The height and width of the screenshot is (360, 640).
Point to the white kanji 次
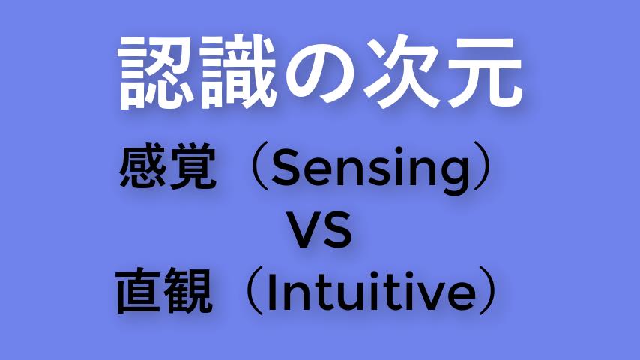coord(402,72)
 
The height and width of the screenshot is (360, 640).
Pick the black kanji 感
coord(142,166)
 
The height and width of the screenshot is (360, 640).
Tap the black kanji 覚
coord(193,166)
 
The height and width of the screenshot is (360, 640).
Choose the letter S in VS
coord(336,229)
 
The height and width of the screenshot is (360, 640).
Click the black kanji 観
coord(188,290)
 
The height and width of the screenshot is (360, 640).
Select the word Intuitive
coord(372,290)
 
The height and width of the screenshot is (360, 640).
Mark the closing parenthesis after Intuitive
coord(487,290)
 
